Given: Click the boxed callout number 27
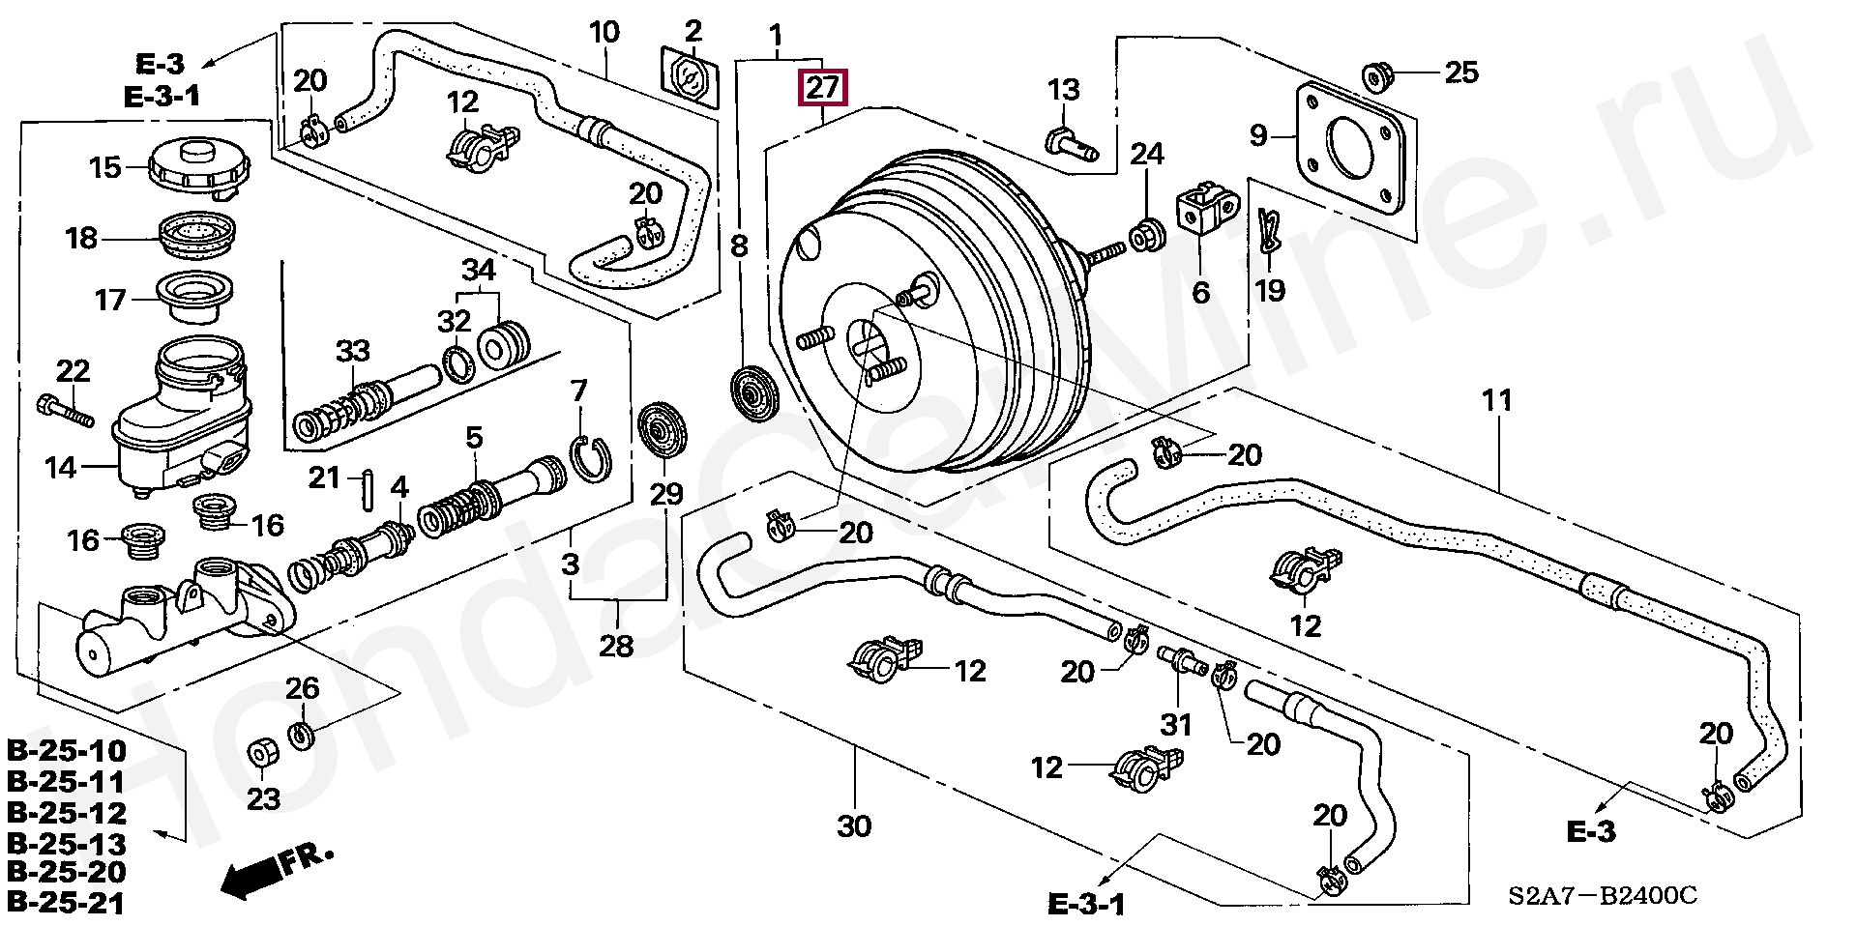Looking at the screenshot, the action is (x=822, y=88).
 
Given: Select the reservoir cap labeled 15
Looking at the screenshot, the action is (x=199, y=168).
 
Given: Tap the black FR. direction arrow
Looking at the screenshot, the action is (x=254, y=878).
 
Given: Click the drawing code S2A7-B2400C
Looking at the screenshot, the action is (x=1602, y=896).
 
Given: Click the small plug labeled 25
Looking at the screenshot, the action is (x=1376, y=74).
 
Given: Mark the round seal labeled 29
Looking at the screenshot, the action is (x=663, y=433).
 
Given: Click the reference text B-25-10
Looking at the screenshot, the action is (x=67, y=751).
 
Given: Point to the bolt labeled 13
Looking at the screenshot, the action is (x=1071, y=144).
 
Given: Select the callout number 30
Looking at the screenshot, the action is (x=854, y=826).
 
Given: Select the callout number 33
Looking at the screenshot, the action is (x=353, y=351).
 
